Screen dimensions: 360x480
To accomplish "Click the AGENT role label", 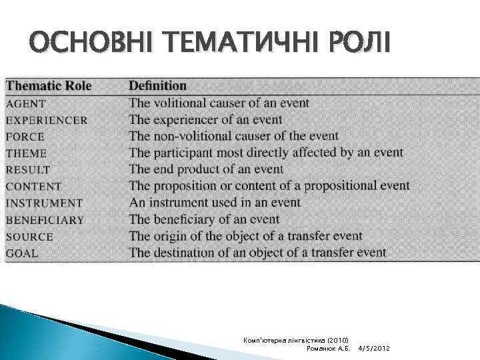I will pyautogui.click(x=26, y=104).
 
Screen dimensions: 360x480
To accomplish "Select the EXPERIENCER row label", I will pyautogui.click(x=47, y=121).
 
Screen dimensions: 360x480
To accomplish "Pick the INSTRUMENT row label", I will pyautogui.click(x=44, y=203).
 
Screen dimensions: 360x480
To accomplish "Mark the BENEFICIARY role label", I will pyautogui.click(x=45, y=220).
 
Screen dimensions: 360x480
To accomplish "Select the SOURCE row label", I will pyautogui.click(x=29, y=237).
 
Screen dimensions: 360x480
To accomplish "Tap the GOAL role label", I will pyautogui.click(x=22, y=253).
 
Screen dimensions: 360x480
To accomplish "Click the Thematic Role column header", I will pyautogui.click(x=49, y=86).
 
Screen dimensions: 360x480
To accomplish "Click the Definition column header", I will pyautogui.click(x=157, y=86).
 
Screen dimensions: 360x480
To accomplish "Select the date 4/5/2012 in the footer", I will pyautogui.click(x=374, y=349).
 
